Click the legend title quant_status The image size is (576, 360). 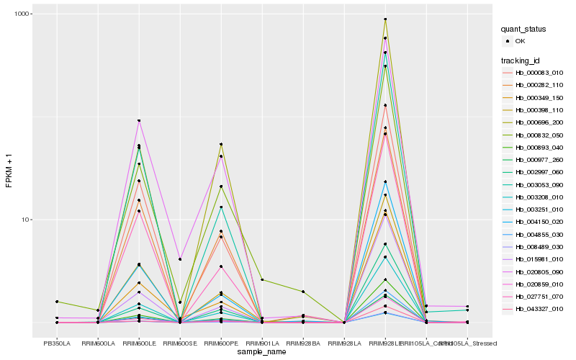click(x=524, y=29)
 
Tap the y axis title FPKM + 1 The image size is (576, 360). click(x=9, y=170)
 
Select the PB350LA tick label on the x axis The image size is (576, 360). click(x=57, y=343)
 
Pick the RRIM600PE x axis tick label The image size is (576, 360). click(x=221, y=343)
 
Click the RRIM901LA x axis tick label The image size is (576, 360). click(x=262, y=343)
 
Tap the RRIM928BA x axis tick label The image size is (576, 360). click(x=303, y=343)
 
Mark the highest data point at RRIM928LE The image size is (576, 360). click(x=385, y=19)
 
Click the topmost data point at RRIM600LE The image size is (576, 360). click(x=139, y=120)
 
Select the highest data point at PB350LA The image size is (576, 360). click(x=57, y=302)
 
